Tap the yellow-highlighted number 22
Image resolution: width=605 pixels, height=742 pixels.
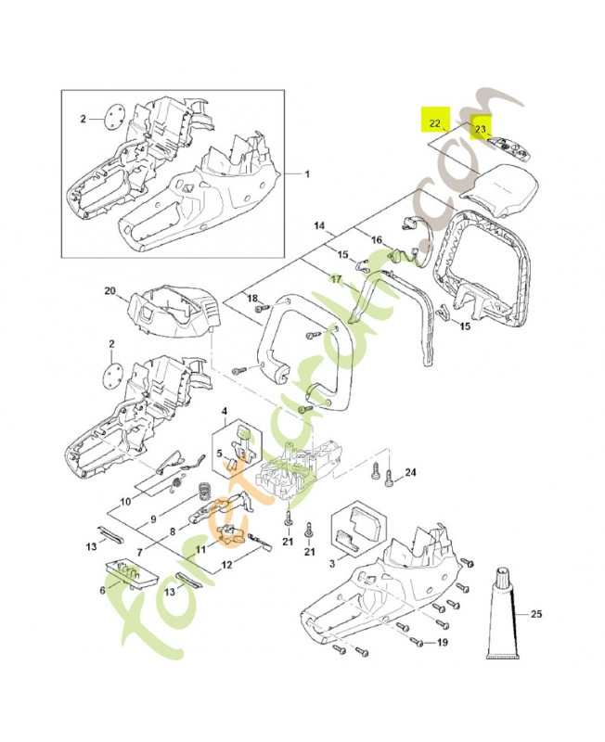coord(435,122)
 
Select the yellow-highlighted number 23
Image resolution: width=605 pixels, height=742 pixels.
coord(482,129)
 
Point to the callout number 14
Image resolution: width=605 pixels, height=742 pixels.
coord(318,225)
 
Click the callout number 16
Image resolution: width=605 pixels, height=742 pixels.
coord(377,240)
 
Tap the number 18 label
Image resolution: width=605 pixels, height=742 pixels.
coord(251,297)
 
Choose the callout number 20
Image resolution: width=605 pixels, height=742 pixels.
coord(109,292)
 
